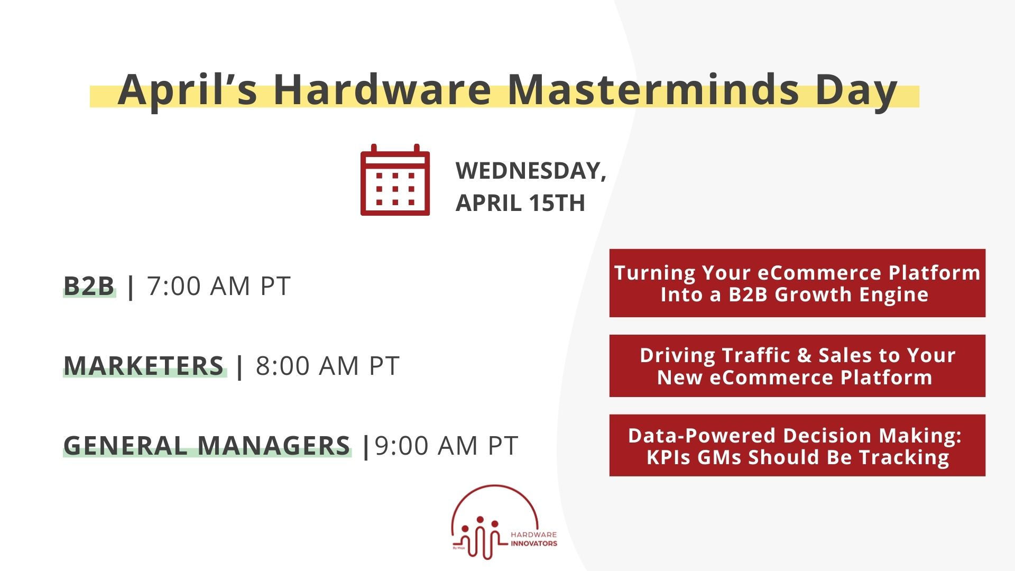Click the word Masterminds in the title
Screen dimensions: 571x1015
pyautogui.click(x=652, y=90)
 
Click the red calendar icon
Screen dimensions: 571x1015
pyautogui.click(x=395, y=180)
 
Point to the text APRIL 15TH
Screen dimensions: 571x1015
pyautogui.click(x=520, y=203)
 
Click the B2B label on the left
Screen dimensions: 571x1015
pyautogui.click(x=89, y=286)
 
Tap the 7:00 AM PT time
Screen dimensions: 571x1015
pyautogui.click(x=219, y=286)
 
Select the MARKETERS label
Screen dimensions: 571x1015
pyautogui.click(x=144, y=366)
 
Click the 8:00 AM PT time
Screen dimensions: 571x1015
pyautogui.click(x=327, y=366)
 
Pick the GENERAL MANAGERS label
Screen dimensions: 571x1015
pyautogui.click(x=207, y=446)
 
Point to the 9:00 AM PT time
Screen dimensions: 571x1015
pyautogui.click(x=446, y=446)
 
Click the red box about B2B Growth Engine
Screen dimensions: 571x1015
pyautogui.click(x=797, y=283)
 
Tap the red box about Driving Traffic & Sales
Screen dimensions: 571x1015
pyautogui.click(x=797, y=366)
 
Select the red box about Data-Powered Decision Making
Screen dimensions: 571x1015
pyautogui.click(x=797, y=446)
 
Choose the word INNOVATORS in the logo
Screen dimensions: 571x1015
pyautogui.click(x=533, y=544)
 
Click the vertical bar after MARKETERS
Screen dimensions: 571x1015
pyautogui.click(x=240, y=366)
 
